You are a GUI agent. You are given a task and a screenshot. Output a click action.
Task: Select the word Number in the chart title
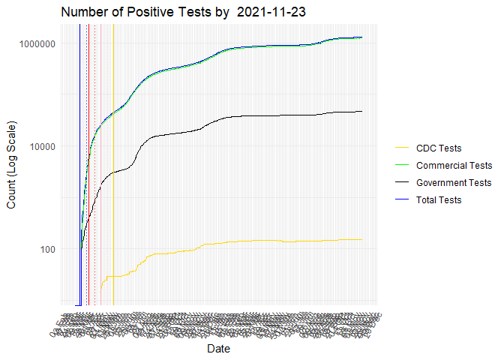click(84, 13)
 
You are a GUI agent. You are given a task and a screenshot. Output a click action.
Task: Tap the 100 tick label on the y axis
click(47, 249)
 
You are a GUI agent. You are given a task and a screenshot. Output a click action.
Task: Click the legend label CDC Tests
click(439, 148)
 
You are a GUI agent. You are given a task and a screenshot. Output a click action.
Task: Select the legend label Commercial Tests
click(454, 166)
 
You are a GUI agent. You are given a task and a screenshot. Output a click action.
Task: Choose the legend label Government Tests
click(454, 183)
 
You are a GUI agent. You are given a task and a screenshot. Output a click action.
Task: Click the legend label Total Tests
click(439, 200)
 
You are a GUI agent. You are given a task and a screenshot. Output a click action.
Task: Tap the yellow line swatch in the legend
click(402, 148)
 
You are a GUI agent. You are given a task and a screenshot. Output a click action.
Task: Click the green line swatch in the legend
click(402, 166)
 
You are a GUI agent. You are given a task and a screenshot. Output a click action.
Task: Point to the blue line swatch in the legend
click(402, 183)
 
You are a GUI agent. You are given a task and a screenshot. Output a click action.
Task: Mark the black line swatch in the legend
click(402, 200)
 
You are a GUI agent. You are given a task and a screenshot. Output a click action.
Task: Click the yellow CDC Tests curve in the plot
click(225, 243)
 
